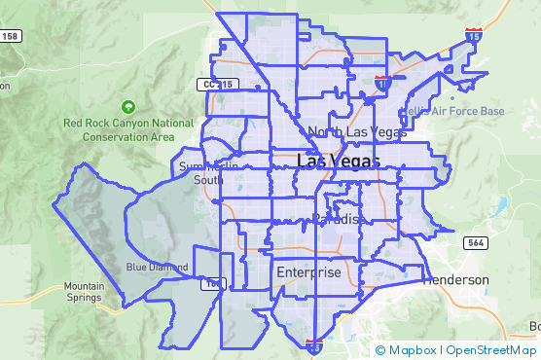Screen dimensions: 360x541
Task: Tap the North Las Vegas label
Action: [x=356, y=131]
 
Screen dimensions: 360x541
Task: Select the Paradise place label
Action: [x=339, y=219]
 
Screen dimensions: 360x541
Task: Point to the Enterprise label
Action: [x=308, y=273]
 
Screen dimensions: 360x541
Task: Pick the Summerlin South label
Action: [x=202, y=172]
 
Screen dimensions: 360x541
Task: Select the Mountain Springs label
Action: [x=84, y=292]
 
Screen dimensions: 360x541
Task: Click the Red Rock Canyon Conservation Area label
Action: [x=127, y=129]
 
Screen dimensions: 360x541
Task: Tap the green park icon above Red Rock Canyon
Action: [x=127, y=106]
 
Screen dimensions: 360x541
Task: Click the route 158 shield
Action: [x=10, y=36]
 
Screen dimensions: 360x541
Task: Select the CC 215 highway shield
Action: [x=219, y=85]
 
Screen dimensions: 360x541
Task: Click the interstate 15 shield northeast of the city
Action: [x=473, y=35]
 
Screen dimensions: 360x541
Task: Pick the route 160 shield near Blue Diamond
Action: [x=211, y=284]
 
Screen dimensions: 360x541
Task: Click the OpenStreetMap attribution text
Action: [x=491, y=350]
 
